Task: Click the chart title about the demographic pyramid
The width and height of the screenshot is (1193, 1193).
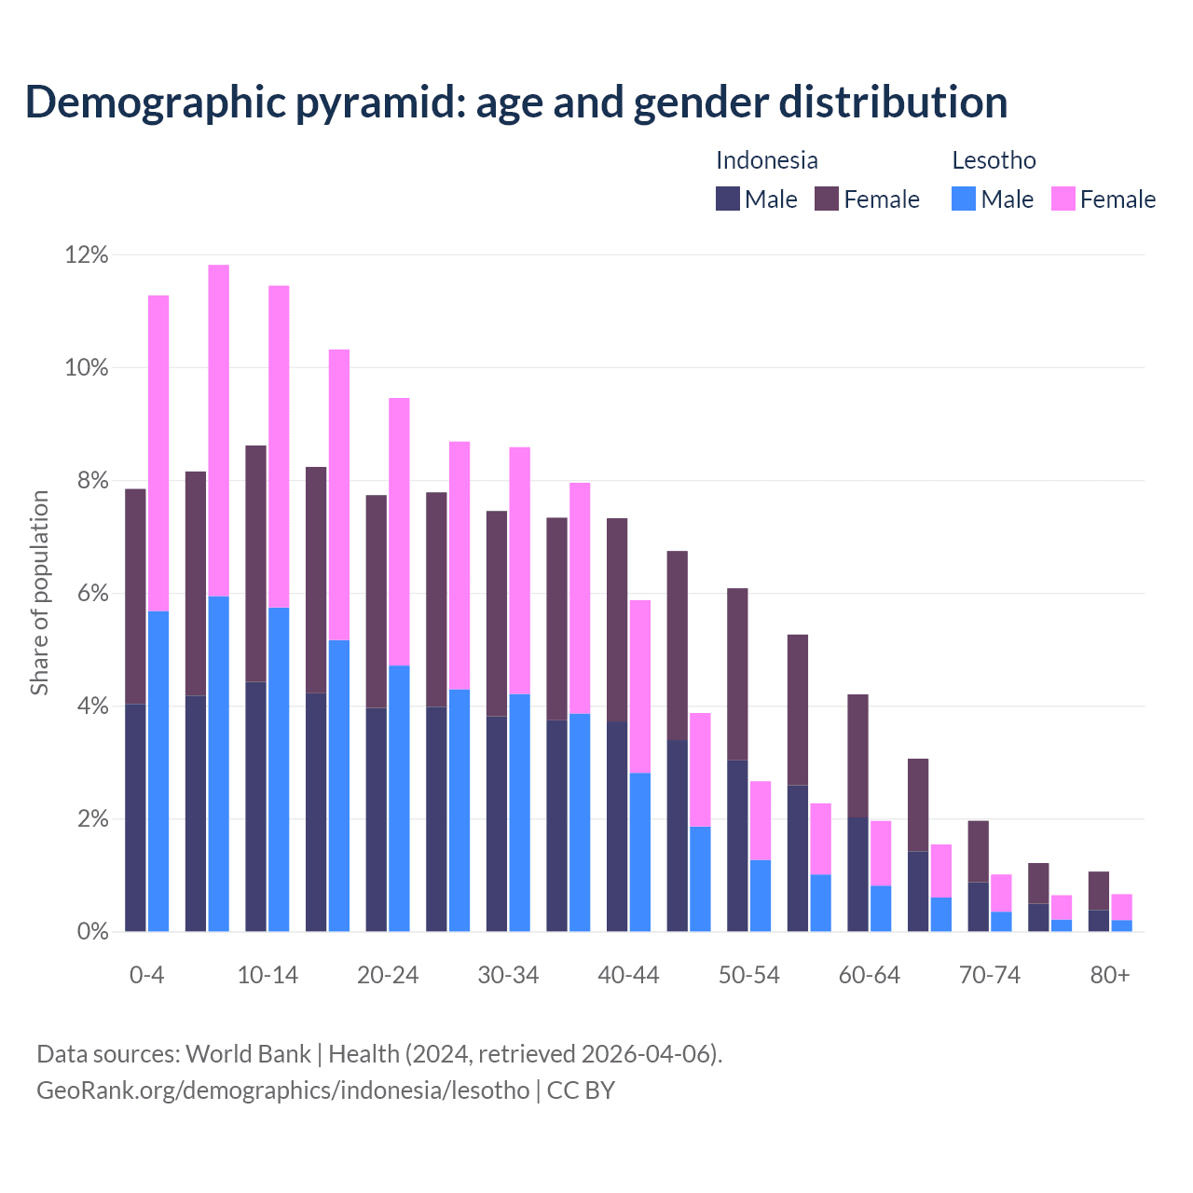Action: [x=516, y=102]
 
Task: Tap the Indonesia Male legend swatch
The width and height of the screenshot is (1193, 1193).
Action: [x=728, y=199]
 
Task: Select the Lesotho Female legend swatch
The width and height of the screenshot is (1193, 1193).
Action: [x=1063, y=199]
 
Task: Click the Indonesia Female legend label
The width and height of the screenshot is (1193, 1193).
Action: [x=881, y=199]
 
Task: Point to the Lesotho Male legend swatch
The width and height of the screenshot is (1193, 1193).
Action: [x=964, y=199]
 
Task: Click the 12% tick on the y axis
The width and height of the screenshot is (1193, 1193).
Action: [x=87, y=254]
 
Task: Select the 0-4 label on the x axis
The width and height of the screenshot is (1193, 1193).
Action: [x=146, y=975]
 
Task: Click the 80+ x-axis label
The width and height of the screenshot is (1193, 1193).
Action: [x=1110, y=975]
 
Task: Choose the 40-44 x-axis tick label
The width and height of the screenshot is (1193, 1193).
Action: [x=628, y=975]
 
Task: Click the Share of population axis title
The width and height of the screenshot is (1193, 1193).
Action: [x=39, y=593]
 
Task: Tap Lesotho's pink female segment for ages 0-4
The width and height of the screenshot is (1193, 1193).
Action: [x=158, y=453]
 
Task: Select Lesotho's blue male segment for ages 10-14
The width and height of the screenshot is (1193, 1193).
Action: [x=279, y=769]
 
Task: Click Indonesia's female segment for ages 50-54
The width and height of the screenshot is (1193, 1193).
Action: [x=737, y=674]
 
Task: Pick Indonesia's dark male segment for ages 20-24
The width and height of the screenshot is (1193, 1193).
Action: [x=377, y=819]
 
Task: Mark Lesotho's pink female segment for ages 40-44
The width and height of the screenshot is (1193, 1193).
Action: [x=640, y=686]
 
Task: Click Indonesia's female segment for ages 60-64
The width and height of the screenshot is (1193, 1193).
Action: [x=857, y=756]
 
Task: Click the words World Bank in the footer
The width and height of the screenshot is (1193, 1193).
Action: [x=248, y=1054]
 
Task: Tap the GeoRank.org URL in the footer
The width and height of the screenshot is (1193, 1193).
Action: [x=282, y=1090]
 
